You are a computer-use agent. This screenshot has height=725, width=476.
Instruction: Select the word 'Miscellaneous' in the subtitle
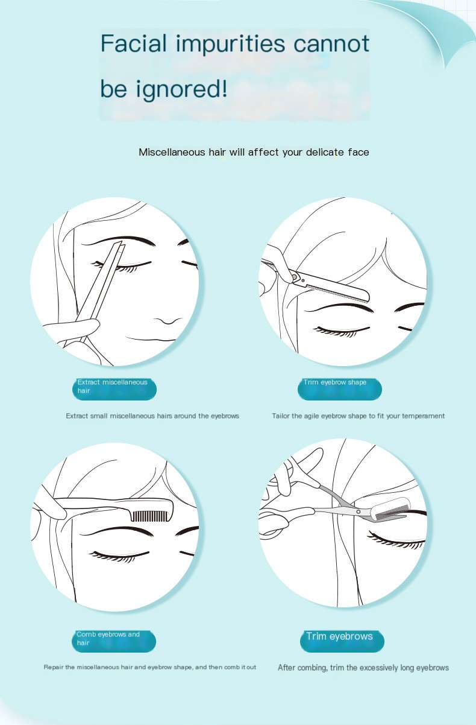click(172, 152)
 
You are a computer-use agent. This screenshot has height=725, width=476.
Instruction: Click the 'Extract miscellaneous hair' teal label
click(114, 387)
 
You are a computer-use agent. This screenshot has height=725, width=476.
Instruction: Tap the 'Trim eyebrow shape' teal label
click(339, 387)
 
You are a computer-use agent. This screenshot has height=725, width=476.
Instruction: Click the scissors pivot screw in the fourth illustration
click(360, 511)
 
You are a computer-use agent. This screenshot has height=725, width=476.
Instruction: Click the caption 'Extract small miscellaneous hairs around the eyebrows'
click(152, 416)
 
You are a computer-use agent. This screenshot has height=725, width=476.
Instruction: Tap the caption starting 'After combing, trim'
click(363, 668)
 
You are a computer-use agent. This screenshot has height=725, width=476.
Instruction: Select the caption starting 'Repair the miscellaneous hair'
click(149, 667)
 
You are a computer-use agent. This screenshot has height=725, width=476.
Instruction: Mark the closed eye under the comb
click(119, 554)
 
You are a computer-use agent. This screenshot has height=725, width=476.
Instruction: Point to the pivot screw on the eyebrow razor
click(295, 277)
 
